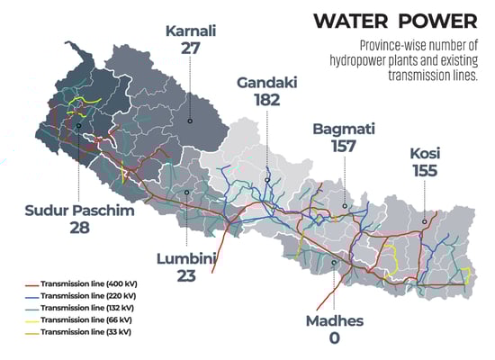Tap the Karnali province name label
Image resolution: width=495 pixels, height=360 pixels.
pyautogui.click(x=191, y=32)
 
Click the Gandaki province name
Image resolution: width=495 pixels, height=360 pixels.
pyautogui.click(x=267, y=83)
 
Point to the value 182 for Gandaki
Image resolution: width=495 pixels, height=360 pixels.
pyautogui.click(x=267, y=103)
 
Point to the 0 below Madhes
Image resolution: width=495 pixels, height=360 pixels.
pyautogui.click(x=334, y=337)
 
